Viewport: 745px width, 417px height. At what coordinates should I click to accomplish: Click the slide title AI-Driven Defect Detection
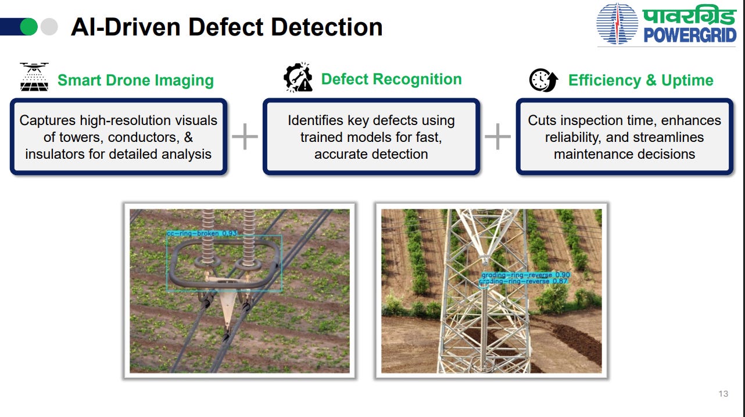[227, 27]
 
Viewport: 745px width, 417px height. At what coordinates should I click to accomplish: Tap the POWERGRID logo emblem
[617, 24]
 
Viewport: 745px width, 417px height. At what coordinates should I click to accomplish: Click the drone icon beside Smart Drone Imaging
[34, 77]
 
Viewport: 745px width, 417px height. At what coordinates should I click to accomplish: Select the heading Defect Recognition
[391, 80]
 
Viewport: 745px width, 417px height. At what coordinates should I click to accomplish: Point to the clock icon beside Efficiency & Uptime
[543, 80]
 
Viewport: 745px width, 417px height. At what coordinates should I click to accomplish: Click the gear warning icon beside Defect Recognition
[298, 79]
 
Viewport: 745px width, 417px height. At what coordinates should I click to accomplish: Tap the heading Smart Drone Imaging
[135, 80]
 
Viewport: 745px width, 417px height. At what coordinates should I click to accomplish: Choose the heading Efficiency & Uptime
[640, 80]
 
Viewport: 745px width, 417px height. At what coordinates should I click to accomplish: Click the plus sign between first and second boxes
[245, 137]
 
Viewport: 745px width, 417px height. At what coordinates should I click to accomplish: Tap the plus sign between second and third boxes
[497, 137]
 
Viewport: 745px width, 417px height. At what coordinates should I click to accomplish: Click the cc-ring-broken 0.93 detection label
[202, 233]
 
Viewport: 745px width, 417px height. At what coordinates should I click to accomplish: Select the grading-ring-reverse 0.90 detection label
[525, 275]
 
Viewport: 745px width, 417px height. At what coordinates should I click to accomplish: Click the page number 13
[723, 394]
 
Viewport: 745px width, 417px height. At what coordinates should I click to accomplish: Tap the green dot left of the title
[28, 27]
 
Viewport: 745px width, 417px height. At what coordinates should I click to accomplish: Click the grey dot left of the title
[49, 27]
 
